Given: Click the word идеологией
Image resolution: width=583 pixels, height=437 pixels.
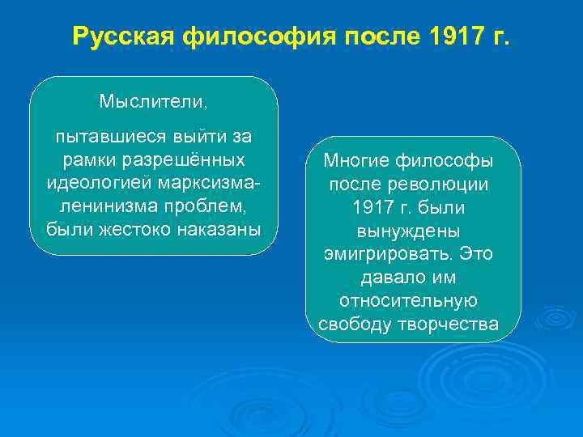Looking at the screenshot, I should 94,181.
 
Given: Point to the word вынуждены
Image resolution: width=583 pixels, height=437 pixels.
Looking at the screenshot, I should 412,231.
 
